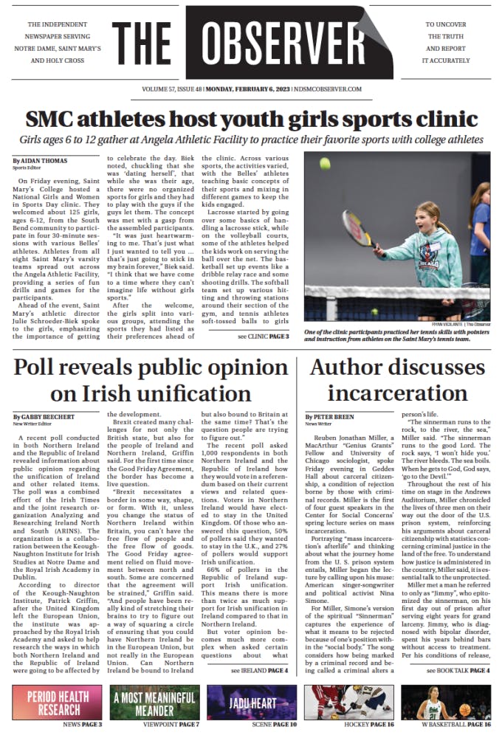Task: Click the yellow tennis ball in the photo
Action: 325,162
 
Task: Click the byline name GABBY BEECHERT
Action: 44,416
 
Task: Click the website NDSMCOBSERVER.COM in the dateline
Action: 327,89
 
